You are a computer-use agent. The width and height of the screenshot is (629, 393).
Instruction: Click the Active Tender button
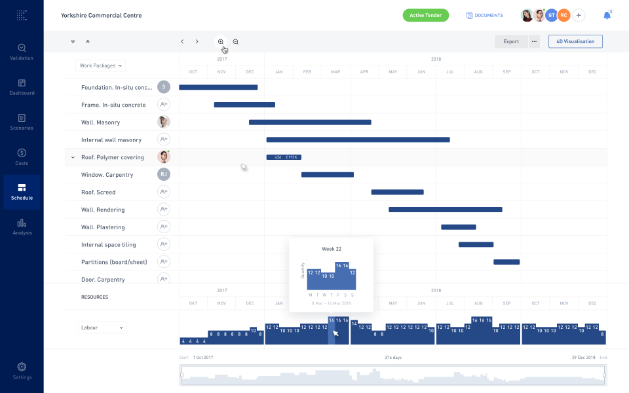tap(425, 15)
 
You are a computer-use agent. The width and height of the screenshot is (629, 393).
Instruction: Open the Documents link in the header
tap(485, 15)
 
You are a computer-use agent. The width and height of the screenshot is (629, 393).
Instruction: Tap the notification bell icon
tap(607, 15)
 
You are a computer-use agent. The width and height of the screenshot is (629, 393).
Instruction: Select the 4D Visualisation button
tap(575, 41)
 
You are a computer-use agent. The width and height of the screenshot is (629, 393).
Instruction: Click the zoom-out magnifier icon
tap(236, 41)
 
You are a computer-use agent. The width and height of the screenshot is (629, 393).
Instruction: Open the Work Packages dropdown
tap(100, 65)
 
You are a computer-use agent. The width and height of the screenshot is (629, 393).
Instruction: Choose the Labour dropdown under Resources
tap(101, 327)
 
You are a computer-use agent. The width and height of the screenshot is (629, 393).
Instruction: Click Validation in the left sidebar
tap(22, 52)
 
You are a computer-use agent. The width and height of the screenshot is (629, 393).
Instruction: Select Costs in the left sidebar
tap(22, 157)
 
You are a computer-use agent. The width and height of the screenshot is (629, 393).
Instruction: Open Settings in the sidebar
tap(22, 371)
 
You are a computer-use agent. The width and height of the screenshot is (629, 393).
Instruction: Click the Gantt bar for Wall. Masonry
tap(310, 122)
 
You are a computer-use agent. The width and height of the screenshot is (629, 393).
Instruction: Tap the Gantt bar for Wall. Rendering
tap(446, 210)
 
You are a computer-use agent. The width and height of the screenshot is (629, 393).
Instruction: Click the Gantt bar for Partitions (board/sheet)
tap(506, 262)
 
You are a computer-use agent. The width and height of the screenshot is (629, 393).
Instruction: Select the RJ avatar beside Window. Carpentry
tap(164, 174)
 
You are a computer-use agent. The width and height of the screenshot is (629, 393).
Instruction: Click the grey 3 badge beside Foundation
tap(164, 87)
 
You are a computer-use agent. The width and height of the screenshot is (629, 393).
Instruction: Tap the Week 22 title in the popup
tap(332, 249)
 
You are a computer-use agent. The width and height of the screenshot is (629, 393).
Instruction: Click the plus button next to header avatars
tap(579, 15)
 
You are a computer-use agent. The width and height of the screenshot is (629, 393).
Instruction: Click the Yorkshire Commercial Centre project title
tap(101, 15)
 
